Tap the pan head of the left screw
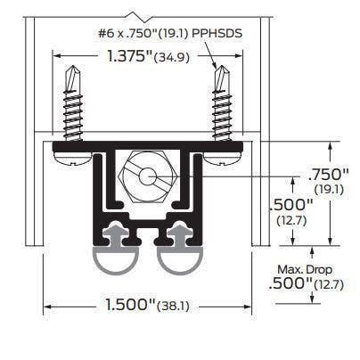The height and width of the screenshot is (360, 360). coord(73,158)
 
